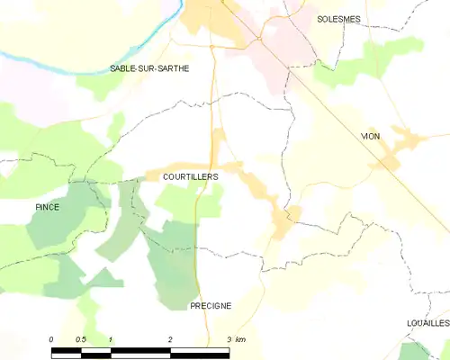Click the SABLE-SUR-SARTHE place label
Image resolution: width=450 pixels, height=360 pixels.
click(149, 68)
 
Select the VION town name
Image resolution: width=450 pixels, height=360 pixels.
click(370, 136)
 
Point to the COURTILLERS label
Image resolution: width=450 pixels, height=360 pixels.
click(190, 177)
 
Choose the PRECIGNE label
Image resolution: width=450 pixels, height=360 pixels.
click(211, 306)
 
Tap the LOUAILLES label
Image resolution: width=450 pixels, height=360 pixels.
click(427, 322)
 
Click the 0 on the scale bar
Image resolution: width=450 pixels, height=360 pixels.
click(51, 339)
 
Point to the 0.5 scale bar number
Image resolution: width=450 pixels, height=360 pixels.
click(81, 339)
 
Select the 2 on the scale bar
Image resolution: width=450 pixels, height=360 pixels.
click(170, 339)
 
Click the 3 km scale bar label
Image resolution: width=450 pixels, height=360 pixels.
click(236, 339)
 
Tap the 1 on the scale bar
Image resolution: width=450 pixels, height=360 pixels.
click(111, 339)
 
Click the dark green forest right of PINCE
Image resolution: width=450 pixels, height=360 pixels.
click(54, 220)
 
